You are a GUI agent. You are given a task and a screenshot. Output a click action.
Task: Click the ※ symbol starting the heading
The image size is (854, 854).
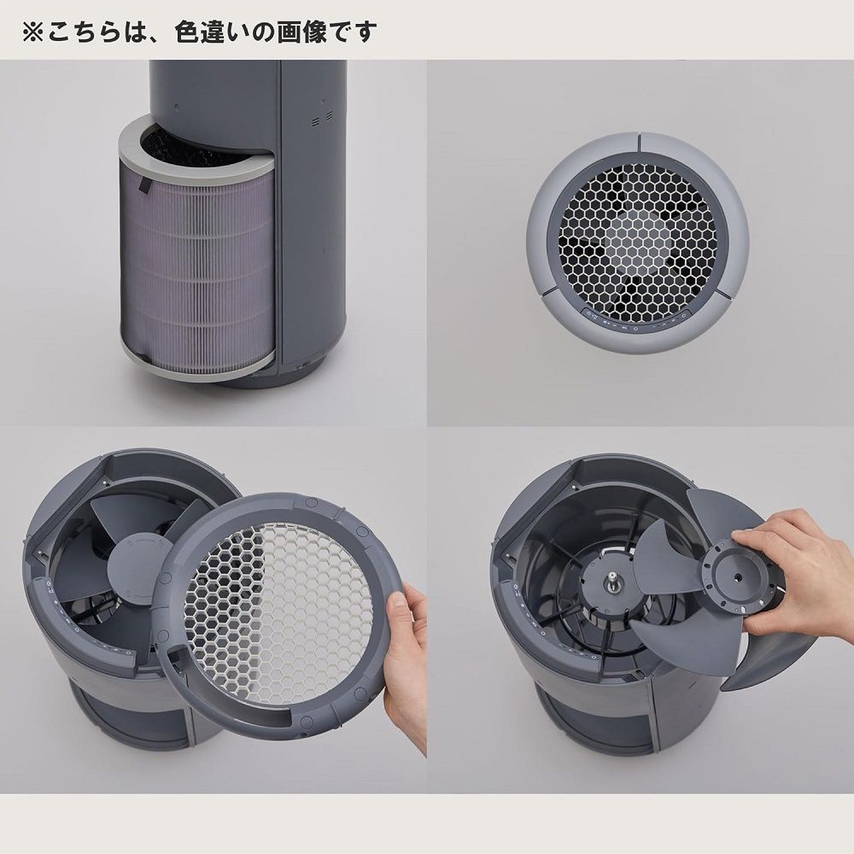pyautogui.click(x=32, y=32)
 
